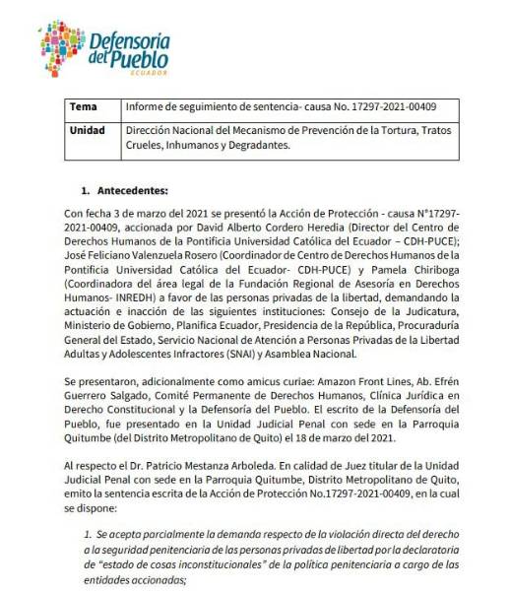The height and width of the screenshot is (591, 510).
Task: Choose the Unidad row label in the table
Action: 88,130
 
